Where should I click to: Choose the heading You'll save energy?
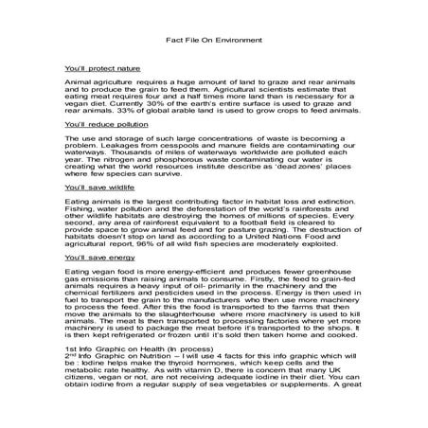click(92, 258)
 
